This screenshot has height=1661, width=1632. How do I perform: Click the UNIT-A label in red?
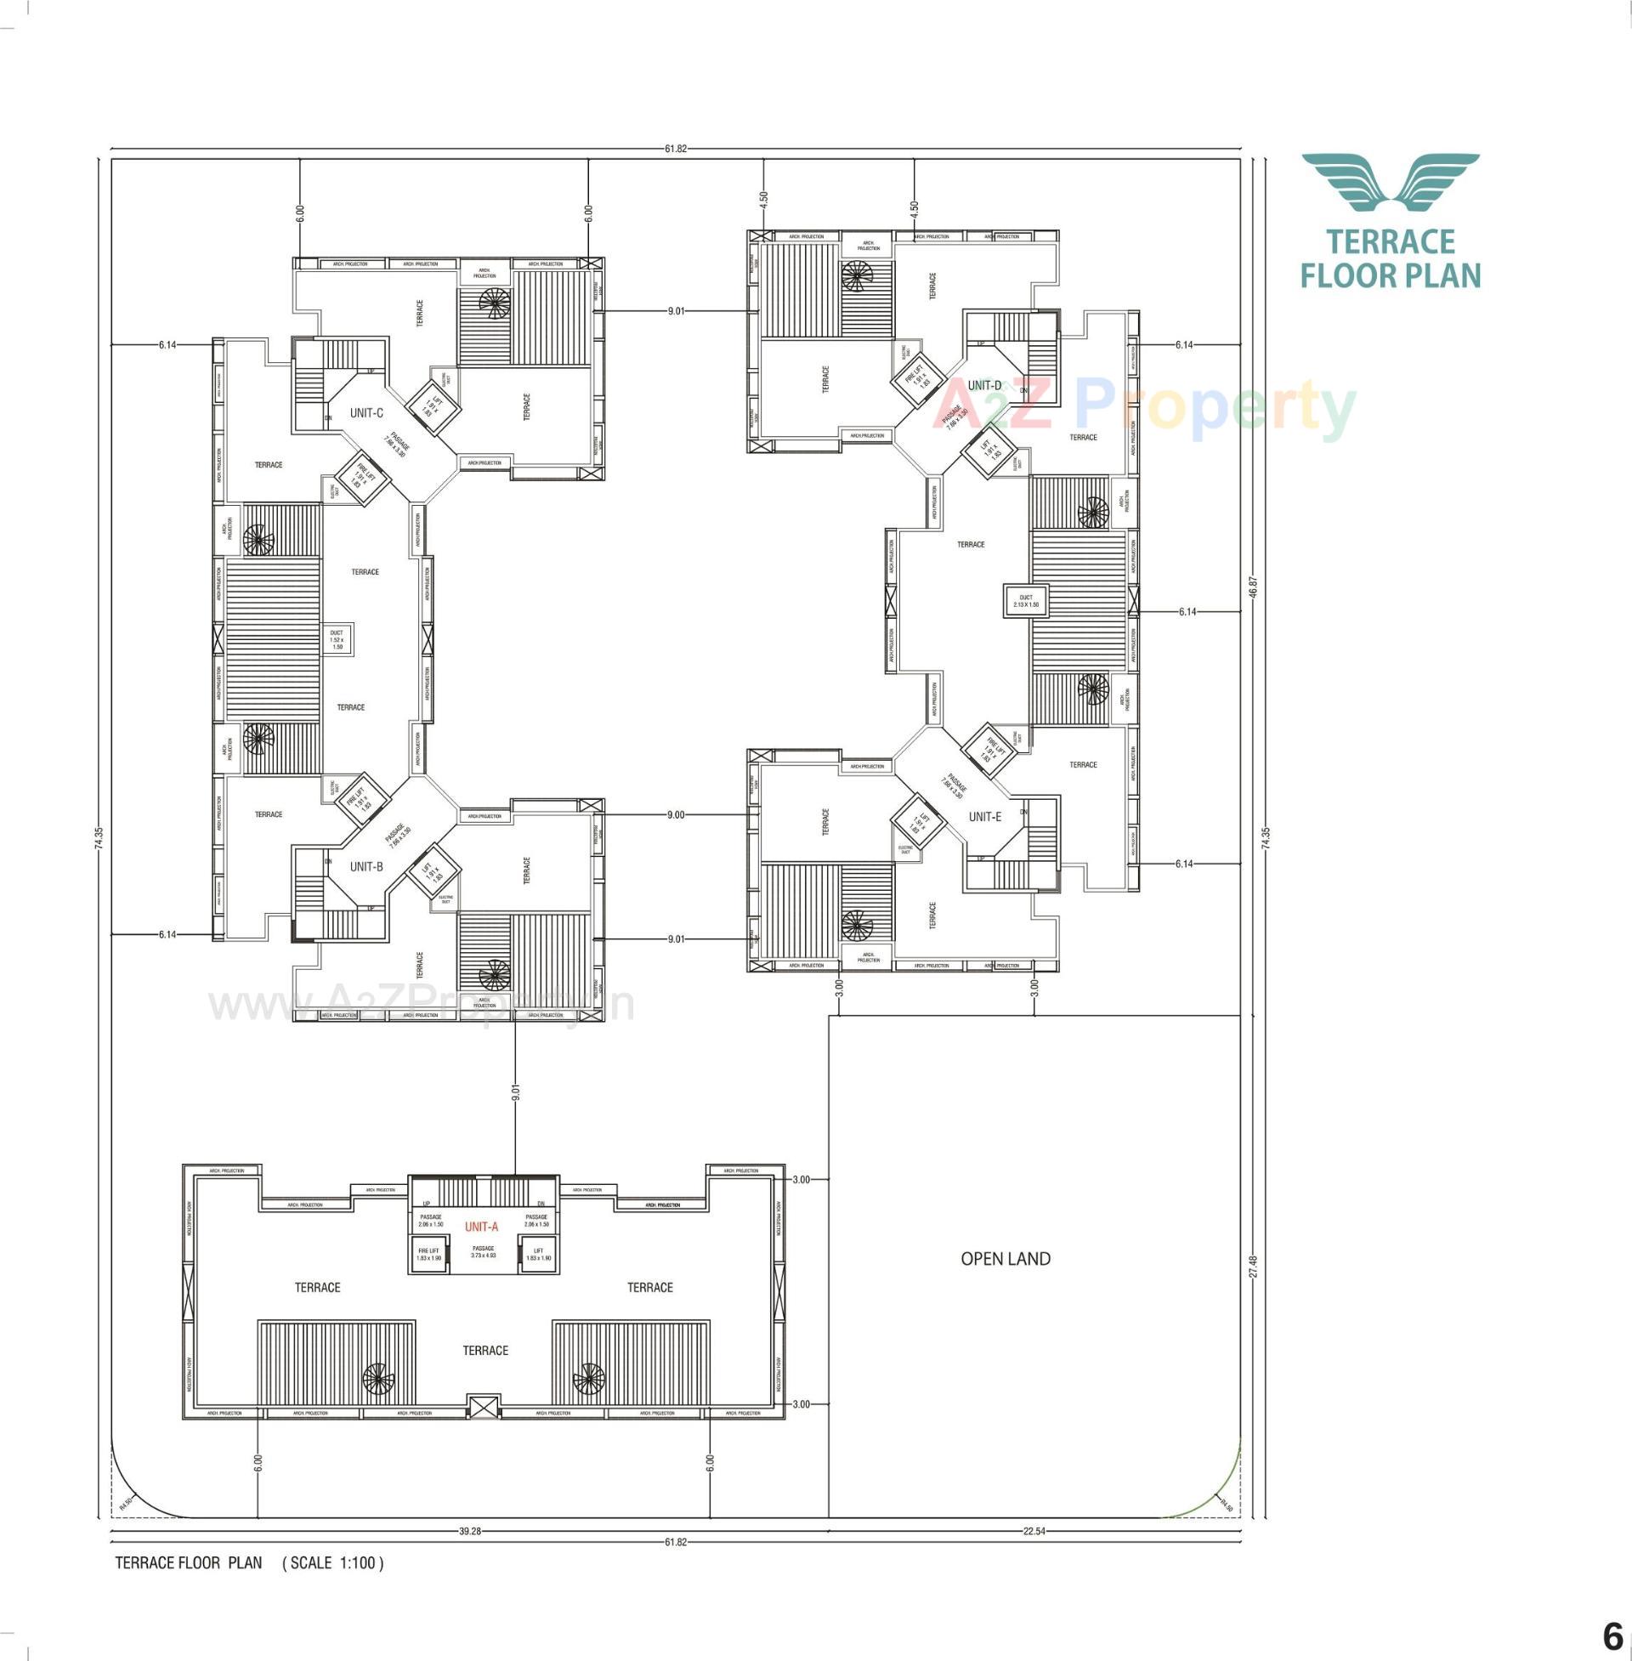(x=481, y=1227)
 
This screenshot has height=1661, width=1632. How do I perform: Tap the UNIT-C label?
(x=366, y=413)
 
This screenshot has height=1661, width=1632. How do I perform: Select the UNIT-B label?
(x=366, y=866)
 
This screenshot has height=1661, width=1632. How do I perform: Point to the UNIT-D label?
(x=984, y=386)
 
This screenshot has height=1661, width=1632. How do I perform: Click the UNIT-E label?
(x=985, y=817)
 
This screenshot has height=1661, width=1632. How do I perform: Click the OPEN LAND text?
(x=1006, y=1258)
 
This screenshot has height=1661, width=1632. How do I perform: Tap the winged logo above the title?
(x=1391, y=182)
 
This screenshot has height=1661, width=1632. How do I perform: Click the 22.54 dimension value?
(x=1034, y=1531)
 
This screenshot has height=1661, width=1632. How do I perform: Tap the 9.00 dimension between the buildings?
(x=676, y=815)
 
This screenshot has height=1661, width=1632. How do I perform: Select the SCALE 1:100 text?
(x=333, y=1562)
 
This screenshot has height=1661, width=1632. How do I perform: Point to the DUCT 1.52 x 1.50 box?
(x=337, y=639)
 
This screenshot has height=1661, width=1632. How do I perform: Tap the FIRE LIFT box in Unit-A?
(x=428, y=1255)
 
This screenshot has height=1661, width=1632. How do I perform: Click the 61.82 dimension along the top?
(x=676, y=148)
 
